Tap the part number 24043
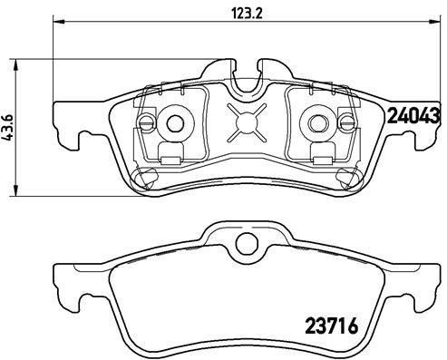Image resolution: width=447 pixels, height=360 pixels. (x=413, y=115)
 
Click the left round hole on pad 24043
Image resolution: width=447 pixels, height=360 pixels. (x=174, y=122)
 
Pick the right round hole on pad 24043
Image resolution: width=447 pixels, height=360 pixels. (x=320, y=122)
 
